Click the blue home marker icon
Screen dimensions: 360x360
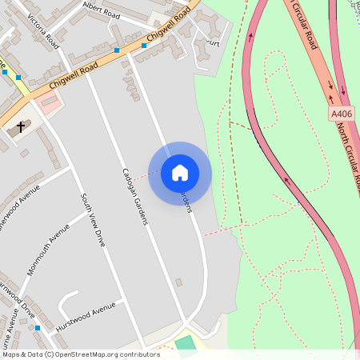pos(180,173)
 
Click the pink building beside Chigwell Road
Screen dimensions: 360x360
pos(50,102)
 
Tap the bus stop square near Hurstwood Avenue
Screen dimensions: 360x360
pos(37,328)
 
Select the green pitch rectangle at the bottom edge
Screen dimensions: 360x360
pos(186,344)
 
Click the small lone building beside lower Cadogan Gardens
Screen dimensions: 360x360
pos(178,282)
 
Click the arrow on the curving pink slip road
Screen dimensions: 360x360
pos(285,178)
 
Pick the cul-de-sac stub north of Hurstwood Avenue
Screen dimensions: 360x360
pos(68,298)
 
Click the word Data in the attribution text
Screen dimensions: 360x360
pos(34,354)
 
